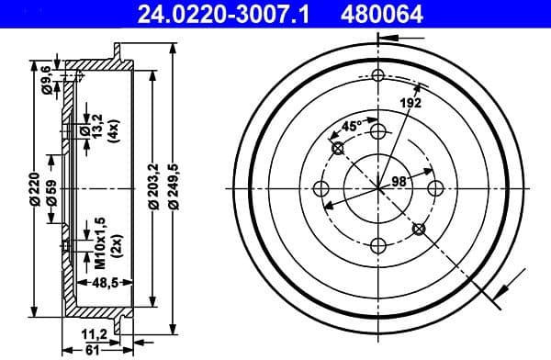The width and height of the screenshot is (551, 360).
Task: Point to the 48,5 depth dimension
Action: [106, 284]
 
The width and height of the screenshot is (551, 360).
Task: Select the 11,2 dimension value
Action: [96, 332]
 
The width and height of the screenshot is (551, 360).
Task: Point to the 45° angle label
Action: [350, 126]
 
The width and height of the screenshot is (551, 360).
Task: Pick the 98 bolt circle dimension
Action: [399, 181]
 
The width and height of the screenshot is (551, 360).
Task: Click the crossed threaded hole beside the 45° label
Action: [337, 148]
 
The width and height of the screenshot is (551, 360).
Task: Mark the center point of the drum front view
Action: [378, 188]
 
